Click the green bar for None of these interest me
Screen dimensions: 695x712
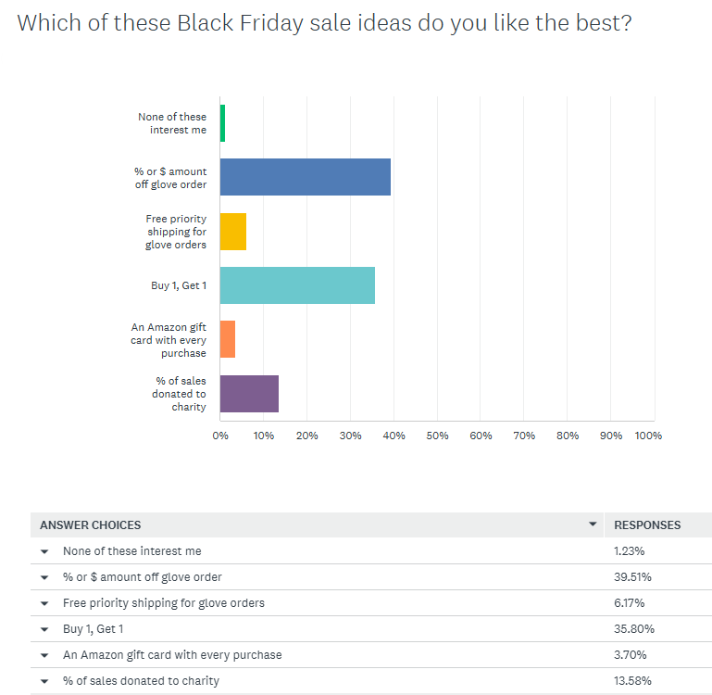pos(222,123)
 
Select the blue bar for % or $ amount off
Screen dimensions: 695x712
pos(306,177)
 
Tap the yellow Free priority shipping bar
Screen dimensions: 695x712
pos(233,232)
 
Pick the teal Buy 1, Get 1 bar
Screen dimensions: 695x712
pos(297,285)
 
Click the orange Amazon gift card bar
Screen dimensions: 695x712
pos(228,339)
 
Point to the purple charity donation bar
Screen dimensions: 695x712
pos(249,394)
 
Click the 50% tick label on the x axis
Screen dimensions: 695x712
pos(438,436)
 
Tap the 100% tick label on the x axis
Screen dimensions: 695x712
pos(648,436)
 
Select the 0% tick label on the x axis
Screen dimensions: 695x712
pos(220,436)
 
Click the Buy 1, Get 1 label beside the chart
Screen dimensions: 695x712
pos(179,285)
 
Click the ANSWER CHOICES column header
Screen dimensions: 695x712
pos(90,525)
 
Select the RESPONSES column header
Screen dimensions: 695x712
pos(647,525)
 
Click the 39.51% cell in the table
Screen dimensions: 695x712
pos(632,577)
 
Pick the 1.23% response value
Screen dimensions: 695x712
pos(630,551)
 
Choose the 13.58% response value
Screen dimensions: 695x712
pos(632,681)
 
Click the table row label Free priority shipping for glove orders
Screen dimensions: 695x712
pos(164,603)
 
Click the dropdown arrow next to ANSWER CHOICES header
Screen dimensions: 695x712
pos(593,524)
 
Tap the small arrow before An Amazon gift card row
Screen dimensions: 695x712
pos(44,655)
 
